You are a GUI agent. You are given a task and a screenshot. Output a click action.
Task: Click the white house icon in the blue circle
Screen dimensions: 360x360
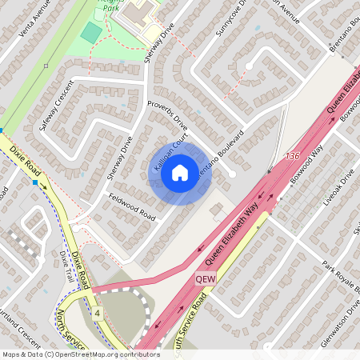click(180, 171)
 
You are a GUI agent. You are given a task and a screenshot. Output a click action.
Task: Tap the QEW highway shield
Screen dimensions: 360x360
click(205, 278)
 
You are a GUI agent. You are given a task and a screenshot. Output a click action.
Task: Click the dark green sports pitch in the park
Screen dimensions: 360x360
click(91, 33)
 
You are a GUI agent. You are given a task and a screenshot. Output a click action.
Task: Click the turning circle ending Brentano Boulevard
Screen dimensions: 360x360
click(232, 174)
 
